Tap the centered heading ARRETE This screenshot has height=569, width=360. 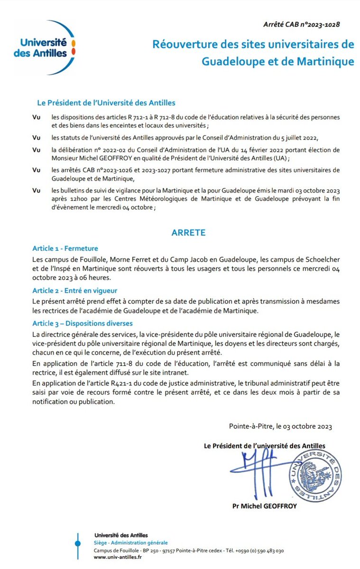pyautogui.click(x=188, y=233)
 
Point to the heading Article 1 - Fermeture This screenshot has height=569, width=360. pyautogui.click(x=65, y=248)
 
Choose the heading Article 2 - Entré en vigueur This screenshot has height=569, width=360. pyautogui.click(x=74, y=290)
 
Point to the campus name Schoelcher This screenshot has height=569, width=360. pyautogui.click(x=309, y=261)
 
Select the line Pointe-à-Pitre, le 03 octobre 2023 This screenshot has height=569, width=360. pyautogui.click(x=280, y=426)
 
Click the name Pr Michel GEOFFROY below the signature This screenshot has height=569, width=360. pyautogui.click(x=265, y=506)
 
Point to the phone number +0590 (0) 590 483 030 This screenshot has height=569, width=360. pyautogui.click(x=259, y=551)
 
